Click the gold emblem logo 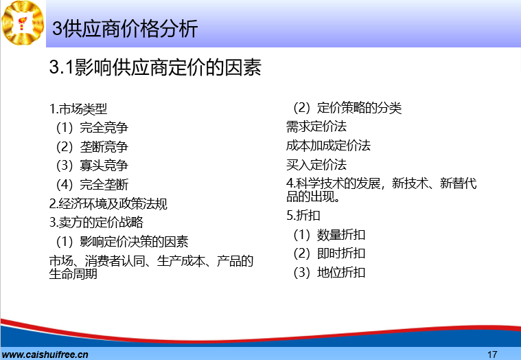(x=23, y=23)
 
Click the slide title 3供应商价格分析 (x=125, y=29)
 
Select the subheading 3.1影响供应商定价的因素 (x=155, y=67)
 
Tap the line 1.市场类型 (x=78, y=109)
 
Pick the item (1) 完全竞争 (x=92, y=128)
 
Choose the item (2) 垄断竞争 (x=92, y=146)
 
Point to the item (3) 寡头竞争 (x=92, y=166)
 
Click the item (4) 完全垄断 (x=92, y=185)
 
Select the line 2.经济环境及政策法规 (x=108, y=204)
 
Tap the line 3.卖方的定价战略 (x=96, y=223)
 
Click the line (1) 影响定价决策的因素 (x=122, y=242)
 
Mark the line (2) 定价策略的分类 (x=347, y=108)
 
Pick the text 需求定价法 (x=316, y=126)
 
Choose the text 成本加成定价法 (x=328, y=146)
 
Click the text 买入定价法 (x=316, y=165)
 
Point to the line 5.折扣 (x=303, y=216)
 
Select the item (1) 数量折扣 (x=329, y=235)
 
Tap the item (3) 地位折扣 (x=329, y=273)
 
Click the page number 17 (x=492, y=355)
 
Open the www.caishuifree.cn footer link (x=45, y=355)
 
